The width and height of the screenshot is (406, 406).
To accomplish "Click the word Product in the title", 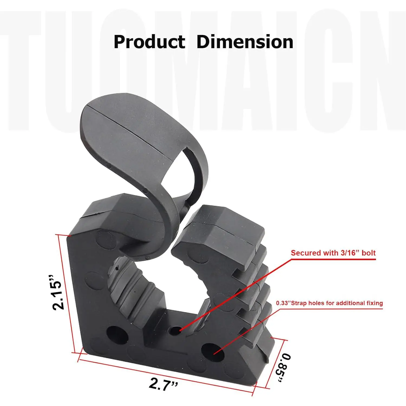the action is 149,42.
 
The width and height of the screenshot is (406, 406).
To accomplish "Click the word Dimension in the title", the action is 245,42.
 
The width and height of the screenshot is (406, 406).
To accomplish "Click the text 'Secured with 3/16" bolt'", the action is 333,253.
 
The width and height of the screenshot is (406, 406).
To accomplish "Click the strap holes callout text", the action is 329,303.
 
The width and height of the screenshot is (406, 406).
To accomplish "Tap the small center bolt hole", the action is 175,330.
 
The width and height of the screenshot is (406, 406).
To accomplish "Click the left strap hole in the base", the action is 117,335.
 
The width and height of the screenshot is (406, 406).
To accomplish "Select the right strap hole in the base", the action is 213,352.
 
